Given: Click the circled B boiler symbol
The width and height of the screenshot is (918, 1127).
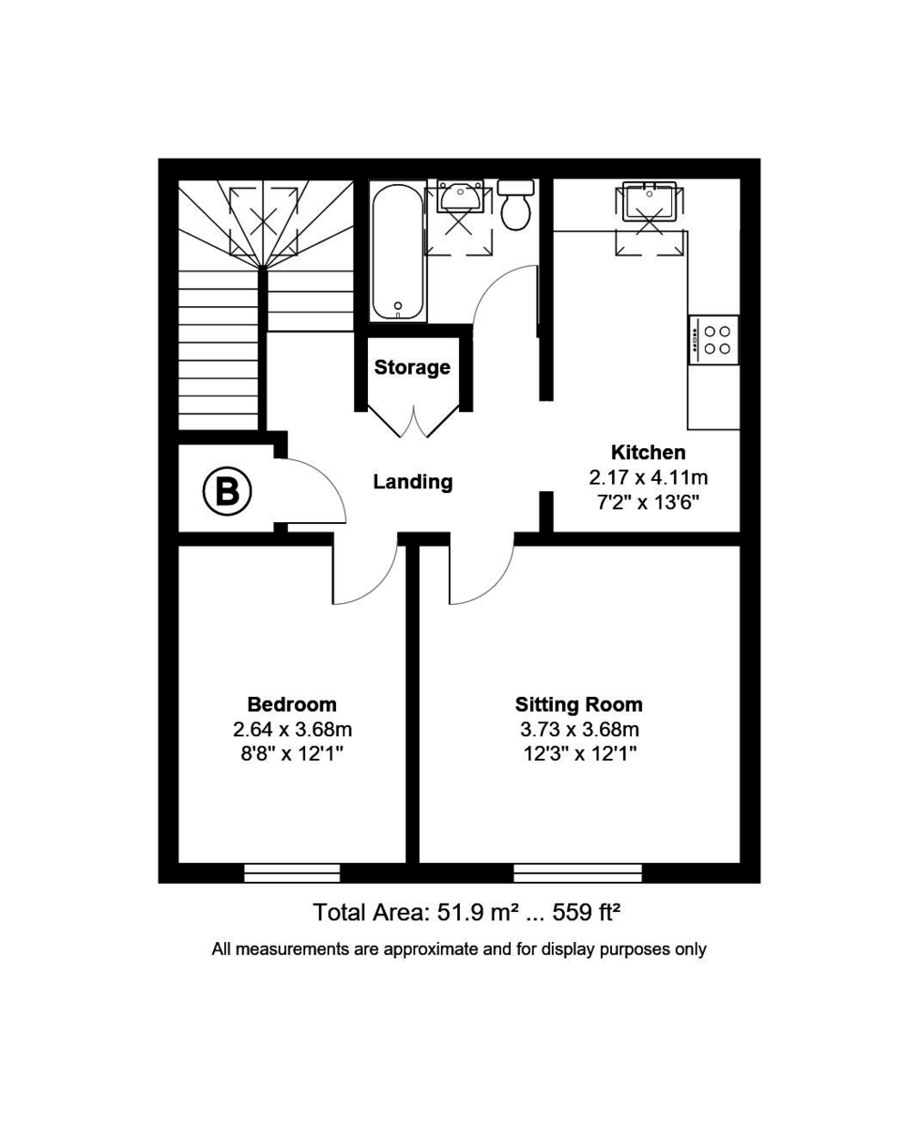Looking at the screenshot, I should click(227, 490).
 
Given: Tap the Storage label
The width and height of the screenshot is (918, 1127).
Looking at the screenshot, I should click(412, 367).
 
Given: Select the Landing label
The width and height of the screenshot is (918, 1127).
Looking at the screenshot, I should click(413, 482).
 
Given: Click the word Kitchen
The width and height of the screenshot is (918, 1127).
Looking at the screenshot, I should click(648, 452).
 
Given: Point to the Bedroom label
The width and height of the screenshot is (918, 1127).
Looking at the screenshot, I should click(292, 704).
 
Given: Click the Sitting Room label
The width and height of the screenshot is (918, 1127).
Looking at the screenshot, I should click(578, 704).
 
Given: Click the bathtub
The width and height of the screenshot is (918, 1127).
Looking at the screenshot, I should click(399, 251).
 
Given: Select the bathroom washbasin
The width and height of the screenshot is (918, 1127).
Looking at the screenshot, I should click(460, 196).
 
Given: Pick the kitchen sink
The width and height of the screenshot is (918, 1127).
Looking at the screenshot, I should click(649, 201).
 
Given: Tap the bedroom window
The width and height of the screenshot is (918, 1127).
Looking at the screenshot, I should click(292, 873).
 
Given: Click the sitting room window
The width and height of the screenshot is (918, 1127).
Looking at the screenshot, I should click(577, 873).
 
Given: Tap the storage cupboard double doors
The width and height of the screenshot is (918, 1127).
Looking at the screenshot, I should click(413, 420).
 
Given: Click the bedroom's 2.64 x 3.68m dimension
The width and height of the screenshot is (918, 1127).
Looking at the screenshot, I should click(292, 730).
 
